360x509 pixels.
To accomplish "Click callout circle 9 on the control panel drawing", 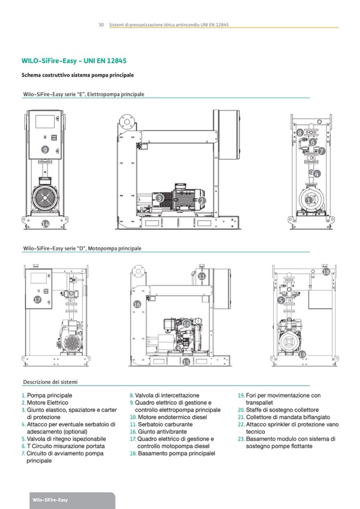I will pyautogui.click(x=45, y=150).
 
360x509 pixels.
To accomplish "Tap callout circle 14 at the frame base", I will pyautogui.click(x=45, y=225).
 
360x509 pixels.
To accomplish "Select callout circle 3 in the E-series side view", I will pyautogui.click(x=159, y=199).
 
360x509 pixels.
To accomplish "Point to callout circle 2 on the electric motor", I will pyautogui.click(x=202, y=201).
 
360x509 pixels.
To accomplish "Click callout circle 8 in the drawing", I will pyautogui.click(x=300, y=133).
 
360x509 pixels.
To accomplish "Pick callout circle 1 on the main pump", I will pyautogui.click(x=309, y=201).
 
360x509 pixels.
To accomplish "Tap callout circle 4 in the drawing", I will pyautogui.click(x=316, y=174).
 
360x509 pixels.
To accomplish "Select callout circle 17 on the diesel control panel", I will pyautogui.click(x=37, y=300).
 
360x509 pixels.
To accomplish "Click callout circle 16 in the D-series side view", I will pyautogui.click(x=137, y=304).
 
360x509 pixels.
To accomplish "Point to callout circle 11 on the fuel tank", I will pyautogui.click(x=202, y=277).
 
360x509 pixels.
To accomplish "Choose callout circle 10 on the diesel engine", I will pyautogui.click(x=186, y=324).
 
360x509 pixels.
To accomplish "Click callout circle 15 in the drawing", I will pyautogui.click(x=186, y=362).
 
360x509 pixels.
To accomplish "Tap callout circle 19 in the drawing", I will pyautogui.click(x=302, y=354).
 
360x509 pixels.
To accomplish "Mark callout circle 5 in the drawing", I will pyautogui.click(x=280, y=300).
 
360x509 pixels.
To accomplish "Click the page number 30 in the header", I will pyautogui.click(x=100, y=24).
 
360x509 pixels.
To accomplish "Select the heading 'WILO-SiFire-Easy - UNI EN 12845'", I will pyautogui.click(x=74, y=61).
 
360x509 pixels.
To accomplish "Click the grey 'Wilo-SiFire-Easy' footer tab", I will pyautogui.click(x=50, y=500).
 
